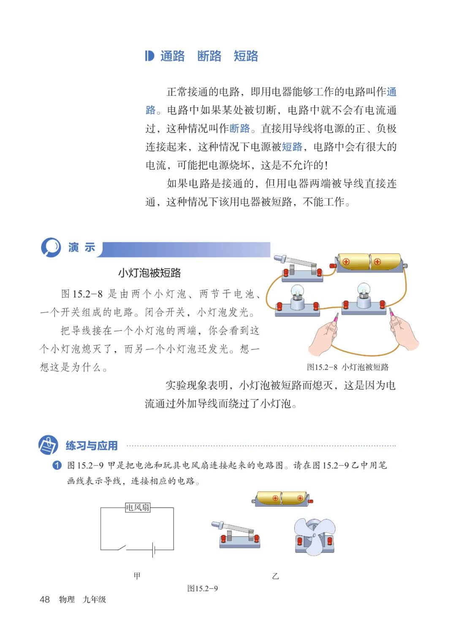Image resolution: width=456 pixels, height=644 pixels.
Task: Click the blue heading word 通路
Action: point(172,56)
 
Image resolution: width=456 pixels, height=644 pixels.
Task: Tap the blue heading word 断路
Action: point(209,56)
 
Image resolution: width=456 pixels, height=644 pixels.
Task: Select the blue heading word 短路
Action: point(246,56)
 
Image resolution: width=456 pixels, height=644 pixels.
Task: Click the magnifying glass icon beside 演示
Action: point(51,247)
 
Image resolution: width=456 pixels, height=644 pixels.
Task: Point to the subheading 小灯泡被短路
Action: point(149,273)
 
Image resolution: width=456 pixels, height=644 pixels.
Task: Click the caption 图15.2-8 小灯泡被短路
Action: point(347,367)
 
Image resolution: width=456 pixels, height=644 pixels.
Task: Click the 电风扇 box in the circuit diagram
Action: point(138,507)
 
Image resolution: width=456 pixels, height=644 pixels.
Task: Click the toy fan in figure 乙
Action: point(315,536)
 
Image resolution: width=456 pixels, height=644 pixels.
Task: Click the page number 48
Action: point(45,599)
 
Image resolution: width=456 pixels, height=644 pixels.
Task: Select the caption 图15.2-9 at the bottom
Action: point(203,588)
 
